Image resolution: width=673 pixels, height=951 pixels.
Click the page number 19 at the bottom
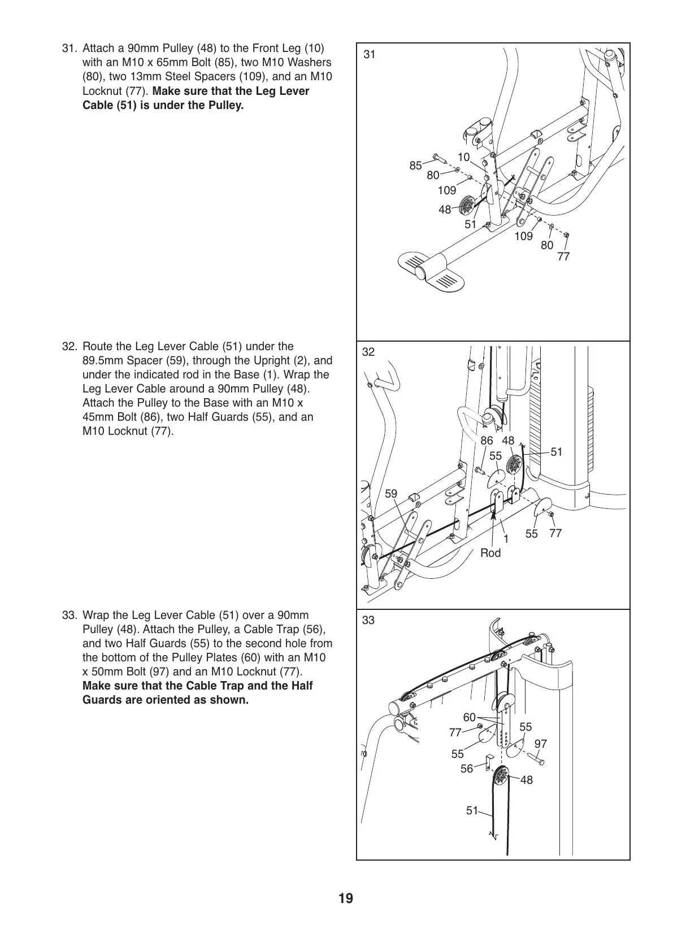pyautogui.click(x=346, y=898)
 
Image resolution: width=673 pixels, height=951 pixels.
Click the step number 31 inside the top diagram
pyautogui.click(x=369, y=55)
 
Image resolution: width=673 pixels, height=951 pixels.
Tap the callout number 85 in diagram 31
pyautogui.click(x=415, y=166)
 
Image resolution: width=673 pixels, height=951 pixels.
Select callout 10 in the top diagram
pyautogui.click(x=463, y=158)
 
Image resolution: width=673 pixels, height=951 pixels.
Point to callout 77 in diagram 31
pyautogui.click(x=563, y=257)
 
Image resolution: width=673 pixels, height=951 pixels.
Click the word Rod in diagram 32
pyautogui.click(x=490, y=553)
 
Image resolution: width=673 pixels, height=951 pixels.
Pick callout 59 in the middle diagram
pyautogui.click(x=391, y=494)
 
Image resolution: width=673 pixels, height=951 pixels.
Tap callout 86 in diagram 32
pyautogui.click(x=487, y=441)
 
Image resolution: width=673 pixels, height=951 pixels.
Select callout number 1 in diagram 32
pyautogui.click(x=506, y=539)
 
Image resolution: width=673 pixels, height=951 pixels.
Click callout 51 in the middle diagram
pyautogui.click(x=557, y=452)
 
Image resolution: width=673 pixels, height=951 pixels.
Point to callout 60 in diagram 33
pyautogui.click(x=469, y=718)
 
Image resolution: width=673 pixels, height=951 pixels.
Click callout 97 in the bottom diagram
pyautogui.click(x=541, y=744)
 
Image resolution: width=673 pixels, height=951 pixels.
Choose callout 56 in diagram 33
pyautogui.click(x=467, y=769)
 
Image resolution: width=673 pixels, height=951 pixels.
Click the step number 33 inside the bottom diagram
pyautogui.click(x=368, y=621)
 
